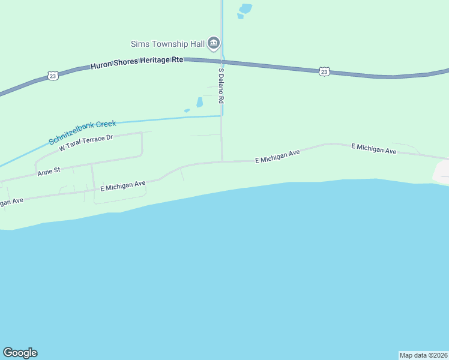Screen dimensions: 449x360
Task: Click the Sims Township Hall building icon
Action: click(x=214, y=43)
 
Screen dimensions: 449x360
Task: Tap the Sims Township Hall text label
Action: click(x=169, y=43)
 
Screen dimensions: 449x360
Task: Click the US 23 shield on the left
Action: click(x=53, y=76)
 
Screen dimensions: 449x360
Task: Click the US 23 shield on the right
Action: click(x=324, y=71)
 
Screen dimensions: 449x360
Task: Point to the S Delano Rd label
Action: click(x=221, y=84)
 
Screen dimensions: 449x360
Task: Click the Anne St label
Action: click(x=49, y=171)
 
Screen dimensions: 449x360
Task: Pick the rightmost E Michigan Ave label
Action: click(x=374, y=149)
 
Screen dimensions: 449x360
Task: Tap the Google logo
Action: click(x=20, y=353)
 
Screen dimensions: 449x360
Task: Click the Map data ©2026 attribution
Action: click(x=423, y=355)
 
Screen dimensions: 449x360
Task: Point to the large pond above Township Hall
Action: click(x=246, y=8)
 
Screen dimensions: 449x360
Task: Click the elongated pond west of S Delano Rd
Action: click(x=199, y=103)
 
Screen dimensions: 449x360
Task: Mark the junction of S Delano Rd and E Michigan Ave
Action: click(x=222, y=161)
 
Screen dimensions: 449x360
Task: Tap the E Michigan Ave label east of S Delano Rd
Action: click(x=277, y=157)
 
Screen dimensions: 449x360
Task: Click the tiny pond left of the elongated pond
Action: click(x=187, y=110)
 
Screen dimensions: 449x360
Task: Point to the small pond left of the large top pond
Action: click(x=240, y=16)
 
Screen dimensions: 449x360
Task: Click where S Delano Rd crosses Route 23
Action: click(x=222, y=61)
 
